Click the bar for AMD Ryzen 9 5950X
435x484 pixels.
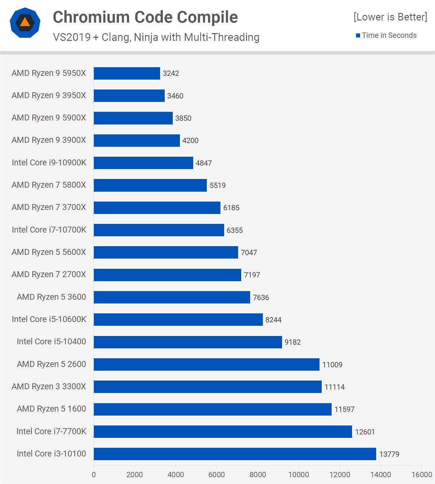[127, 73]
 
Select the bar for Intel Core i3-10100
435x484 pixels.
[235, 454]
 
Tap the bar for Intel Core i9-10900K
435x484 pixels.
[143, 163]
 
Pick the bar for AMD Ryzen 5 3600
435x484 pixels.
[172, 297]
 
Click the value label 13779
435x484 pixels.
[389, 454]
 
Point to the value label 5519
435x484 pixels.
[218, 185]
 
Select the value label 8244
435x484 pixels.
[273, 320]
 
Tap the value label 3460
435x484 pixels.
[175, 96]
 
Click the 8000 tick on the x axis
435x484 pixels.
[258, 475]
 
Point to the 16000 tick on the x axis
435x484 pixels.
[421, 475]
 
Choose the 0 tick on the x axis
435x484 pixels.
[94, 475]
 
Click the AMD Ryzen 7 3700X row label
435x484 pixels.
[49, 207]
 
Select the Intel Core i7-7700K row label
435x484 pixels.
[51, 431]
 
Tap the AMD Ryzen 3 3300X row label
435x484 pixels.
[49, 386]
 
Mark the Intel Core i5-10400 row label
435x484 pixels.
[51, 342]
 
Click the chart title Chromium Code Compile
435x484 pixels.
[145, 17]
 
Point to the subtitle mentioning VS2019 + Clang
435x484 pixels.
[156, 37]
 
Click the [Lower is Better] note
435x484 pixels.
[390, 17]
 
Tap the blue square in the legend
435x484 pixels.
[358, 36]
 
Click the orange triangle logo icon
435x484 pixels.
[25, 22]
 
